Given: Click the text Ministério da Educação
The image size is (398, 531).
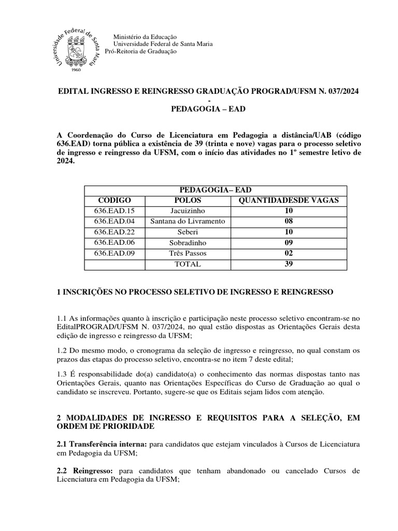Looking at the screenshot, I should point(145,37).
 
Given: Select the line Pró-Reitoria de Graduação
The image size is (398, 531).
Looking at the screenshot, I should point(140,51).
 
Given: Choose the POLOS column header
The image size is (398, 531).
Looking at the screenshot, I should point(188,200).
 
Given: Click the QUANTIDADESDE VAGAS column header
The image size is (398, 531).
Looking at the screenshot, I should point(288,200).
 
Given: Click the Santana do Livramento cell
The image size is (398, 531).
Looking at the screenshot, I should point(188,221).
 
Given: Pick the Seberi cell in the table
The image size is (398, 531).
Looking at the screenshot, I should point(188,232).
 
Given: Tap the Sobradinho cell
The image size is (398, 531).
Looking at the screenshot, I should point(188,243).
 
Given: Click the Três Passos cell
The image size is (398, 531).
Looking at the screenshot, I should point(188,253).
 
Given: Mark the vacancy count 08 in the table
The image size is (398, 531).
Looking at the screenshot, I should point(289,221).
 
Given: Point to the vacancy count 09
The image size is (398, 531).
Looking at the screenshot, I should point(289,243).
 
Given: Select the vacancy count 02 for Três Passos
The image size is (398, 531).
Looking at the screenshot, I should point(289,253).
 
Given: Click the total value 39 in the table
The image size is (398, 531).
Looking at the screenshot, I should point(289,264).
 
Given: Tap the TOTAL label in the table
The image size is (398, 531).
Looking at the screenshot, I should point(188,264).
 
